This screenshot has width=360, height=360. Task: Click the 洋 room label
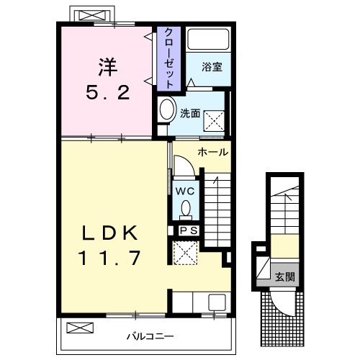point(106,66)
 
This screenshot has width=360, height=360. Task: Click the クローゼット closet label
point(168,58)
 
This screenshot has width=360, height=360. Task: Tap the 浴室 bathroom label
point(211,68)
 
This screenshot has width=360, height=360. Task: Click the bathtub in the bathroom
point(208,40)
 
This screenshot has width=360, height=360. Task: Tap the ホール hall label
point(212,152)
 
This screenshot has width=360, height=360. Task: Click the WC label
point(184,191)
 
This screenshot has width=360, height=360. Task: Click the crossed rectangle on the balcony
point(80,329)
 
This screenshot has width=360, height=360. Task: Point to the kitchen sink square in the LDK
point(217,303)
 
